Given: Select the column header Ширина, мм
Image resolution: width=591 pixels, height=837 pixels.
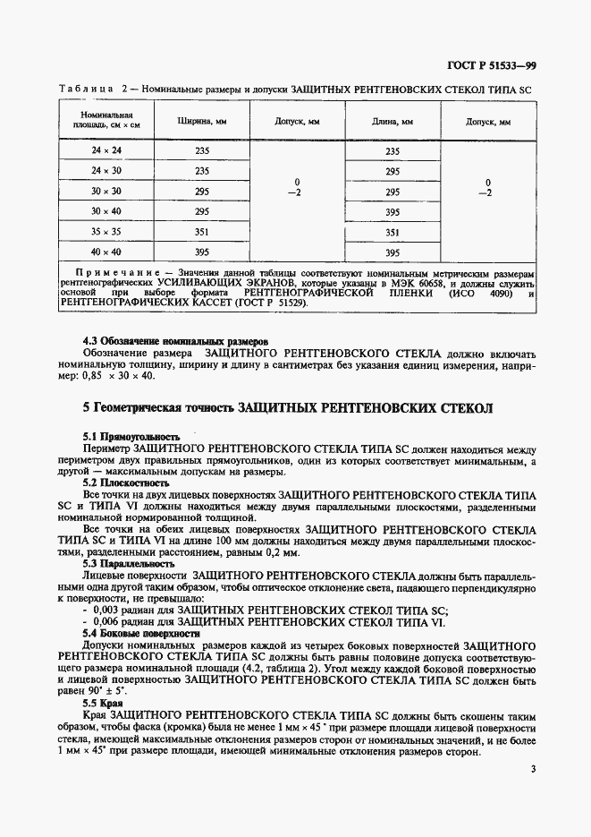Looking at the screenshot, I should (202, 121).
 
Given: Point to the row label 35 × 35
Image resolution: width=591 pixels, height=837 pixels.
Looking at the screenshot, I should (106, 232).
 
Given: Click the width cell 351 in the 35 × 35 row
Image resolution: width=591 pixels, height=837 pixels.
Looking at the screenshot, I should (202, 232).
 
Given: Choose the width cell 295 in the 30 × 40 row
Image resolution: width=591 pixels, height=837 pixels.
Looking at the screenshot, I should (202, 211).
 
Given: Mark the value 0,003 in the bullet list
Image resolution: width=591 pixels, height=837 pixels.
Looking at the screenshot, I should (111, 611).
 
